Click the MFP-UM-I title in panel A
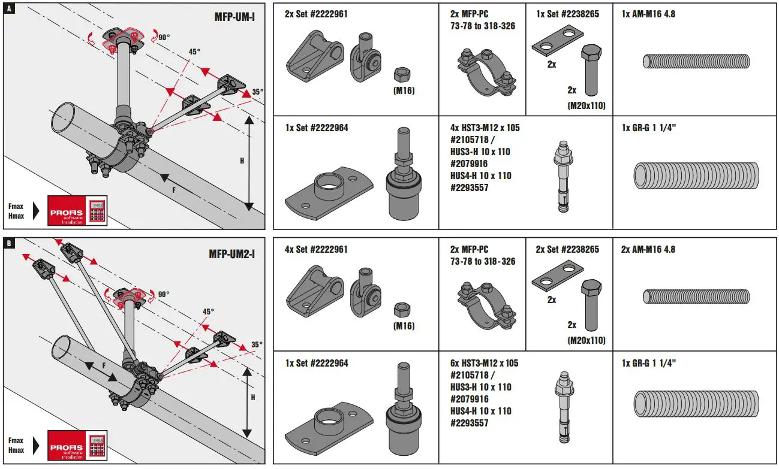[x=234, y=16]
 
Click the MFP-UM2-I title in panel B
[x=232, y=254]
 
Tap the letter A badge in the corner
[x=9, y=9]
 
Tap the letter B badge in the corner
[x=9, y=244]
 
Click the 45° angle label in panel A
[x=194, y=52]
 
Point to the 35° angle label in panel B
[x=256, y=344]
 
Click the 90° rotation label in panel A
[x=164, y=37]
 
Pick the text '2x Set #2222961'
[x=316, y=14]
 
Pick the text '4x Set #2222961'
[x=316, y=249]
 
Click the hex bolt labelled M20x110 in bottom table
[x=589, y=305]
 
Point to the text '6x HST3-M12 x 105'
[x=484, y=363]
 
